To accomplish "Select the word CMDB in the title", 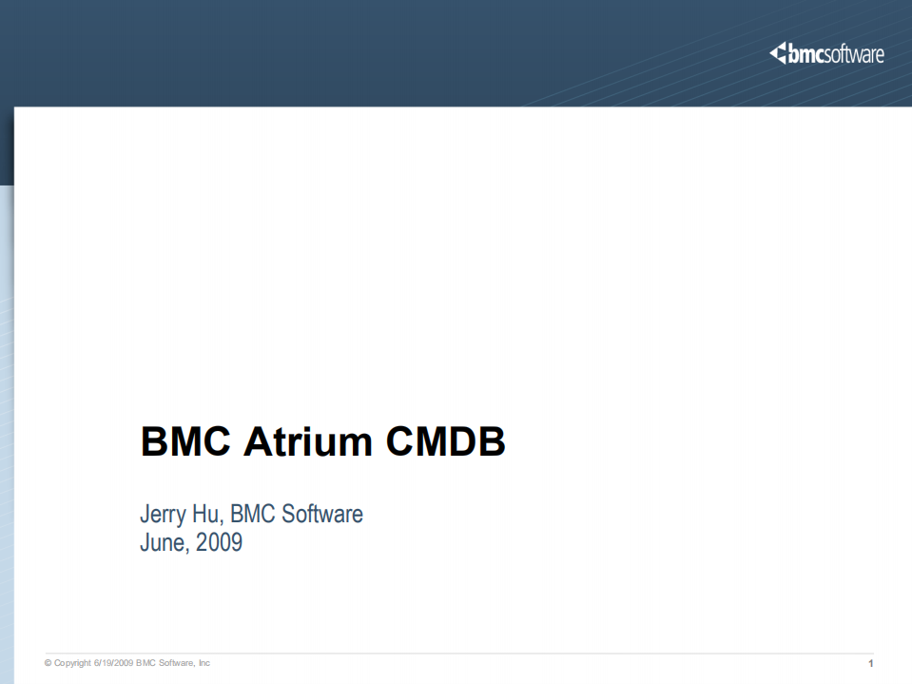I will click(445, 443).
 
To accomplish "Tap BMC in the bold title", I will click(187, 443).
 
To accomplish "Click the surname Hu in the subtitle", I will click(210, 515).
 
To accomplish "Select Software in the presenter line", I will click(321, 515).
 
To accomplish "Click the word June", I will click(164, 543).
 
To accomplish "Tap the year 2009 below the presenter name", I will click(219, 543).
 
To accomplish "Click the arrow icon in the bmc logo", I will click(778, 54).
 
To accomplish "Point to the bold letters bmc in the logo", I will click(805, 55).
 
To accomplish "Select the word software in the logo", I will click(853, 55).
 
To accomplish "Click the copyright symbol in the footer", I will click(48, 663).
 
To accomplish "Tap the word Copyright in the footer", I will click(72, 663).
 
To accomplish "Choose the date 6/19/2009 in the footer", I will click(113, 663).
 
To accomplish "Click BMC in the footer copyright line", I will click(146, 663).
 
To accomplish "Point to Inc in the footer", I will click(204, 663).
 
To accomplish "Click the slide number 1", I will click(870, 663).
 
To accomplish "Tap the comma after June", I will click(189, 550).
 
